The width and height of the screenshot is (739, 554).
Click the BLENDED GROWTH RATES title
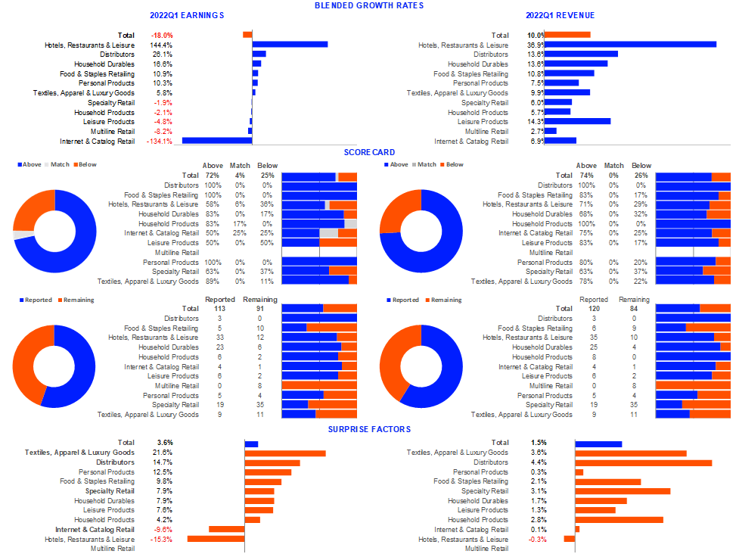point(368,5)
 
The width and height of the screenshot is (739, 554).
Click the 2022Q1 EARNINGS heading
point(187,15)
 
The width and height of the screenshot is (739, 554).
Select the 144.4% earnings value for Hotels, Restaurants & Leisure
point(162,45)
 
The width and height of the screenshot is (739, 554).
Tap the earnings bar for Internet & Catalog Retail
point(217,140)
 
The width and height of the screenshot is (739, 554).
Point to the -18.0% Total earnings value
point(162,35)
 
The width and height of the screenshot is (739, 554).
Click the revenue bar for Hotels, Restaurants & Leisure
point(630,45)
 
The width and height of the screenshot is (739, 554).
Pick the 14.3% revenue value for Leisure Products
point(536,121)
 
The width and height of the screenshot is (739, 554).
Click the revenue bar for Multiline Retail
point(551,131)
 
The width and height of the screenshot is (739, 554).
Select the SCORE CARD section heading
point(368,152)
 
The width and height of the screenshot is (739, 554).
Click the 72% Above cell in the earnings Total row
point(213,176)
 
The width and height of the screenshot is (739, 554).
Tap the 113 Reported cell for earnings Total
point(220,309)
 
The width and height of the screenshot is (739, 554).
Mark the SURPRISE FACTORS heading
point(368,429)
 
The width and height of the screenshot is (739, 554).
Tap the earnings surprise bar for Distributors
point(272,462)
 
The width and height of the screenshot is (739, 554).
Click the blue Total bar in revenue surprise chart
point(598,444)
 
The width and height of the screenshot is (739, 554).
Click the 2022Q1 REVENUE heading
point(560,15)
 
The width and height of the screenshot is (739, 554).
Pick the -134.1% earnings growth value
point(160,141)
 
